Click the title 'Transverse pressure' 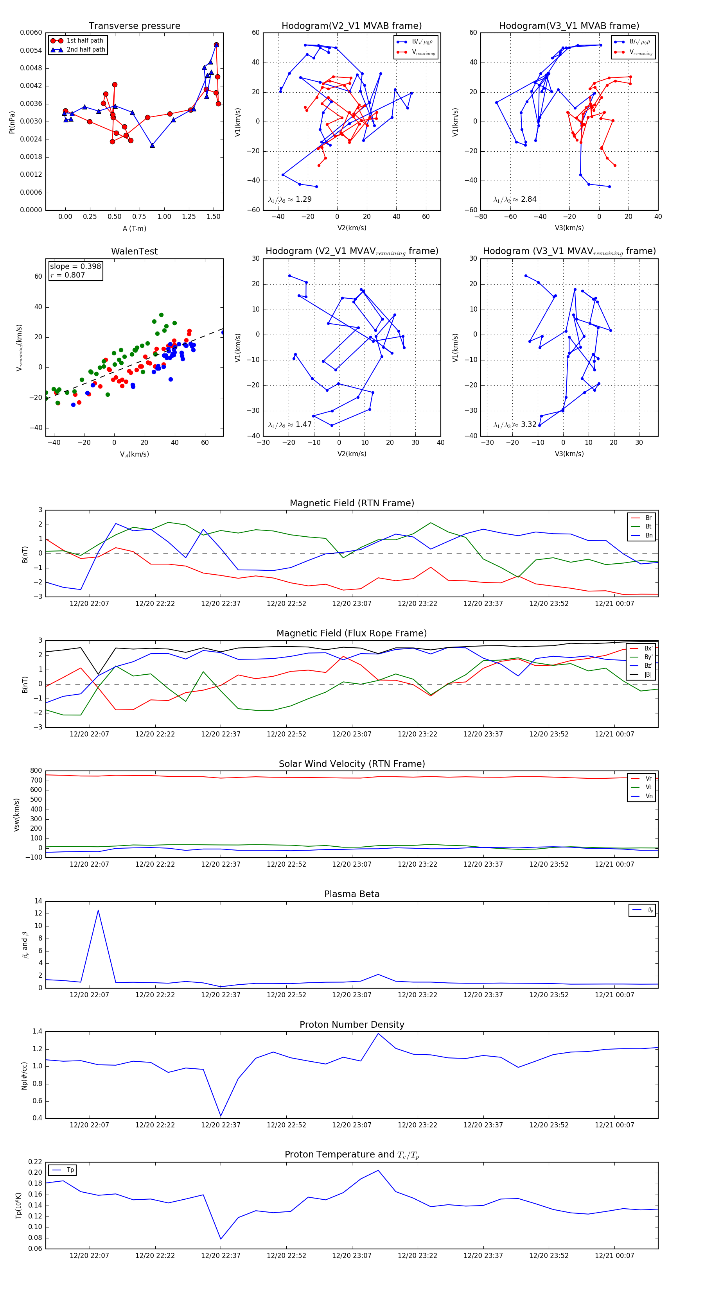click(x=134, y=26)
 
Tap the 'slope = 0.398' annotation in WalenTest click(x=75, y=267)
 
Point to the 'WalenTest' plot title click(x=134, y=251)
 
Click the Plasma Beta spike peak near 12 click(x=98, y=910)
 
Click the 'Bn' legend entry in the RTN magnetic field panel click(x=648, y=535)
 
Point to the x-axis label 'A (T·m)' click(x=134, y=228)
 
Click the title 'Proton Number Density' click(x=352, y=1025)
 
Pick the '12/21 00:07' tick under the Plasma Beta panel click(x=614, y=994)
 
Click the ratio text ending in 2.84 click(x=515, y=199)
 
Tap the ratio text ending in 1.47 click(x=290, y=425)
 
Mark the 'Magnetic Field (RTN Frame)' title click(x=352, y=503)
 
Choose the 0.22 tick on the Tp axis click(x=35, y=1162)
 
